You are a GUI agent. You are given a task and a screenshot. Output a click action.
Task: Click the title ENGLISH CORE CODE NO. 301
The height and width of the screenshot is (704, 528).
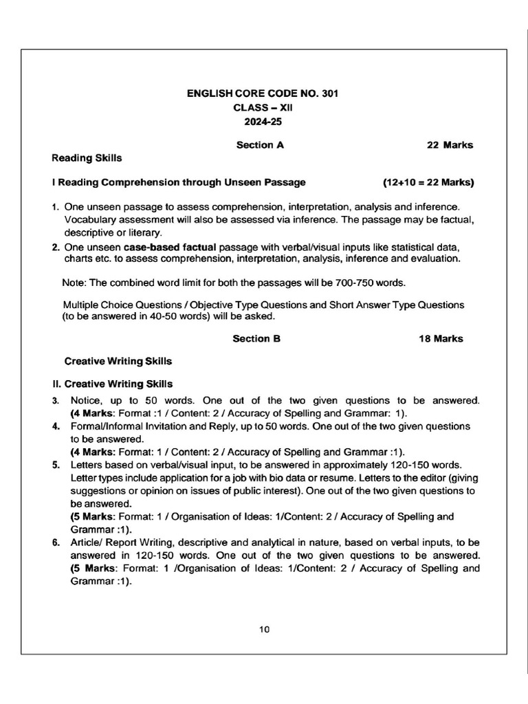click(263, 93)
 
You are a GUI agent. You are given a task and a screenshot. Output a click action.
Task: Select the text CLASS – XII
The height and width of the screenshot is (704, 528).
click(263, 108)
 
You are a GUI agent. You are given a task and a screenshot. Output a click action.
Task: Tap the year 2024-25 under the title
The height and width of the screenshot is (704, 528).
click(263, 122)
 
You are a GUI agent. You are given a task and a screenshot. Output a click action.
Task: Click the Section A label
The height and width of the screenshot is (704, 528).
click(260, 145)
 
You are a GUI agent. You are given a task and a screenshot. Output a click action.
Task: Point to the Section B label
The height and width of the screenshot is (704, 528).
click(256, 338)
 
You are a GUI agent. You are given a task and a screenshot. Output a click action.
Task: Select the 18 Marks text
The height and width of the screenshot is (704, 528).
click(441, 338)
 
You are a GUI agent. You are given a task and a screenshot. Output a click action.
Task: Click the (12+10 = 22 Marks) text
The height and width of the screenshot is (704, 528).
click(428, 183)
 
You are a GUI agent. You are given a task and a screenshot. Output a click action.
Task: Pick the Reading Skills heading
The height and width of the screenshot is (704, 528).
click(87, 158)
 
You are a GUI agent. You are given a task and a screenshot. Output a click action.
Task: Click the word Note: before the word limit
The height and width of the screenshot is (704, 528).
click(74, 283)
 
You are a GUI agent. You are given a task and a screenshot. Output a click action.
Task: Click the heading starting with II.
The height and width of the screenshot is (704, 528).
click(118, 384)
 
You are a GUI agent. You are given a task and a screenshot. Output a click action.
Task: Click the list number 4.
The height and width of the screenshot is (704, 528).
click(56, 426)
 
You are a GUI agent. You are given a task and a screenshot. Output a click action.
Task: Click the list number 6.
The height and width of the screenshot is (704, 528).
click(56, 542)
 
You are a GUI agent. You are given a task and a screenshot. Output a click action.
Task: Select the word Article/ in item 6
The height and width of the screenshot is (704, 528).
click(87, 542)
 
